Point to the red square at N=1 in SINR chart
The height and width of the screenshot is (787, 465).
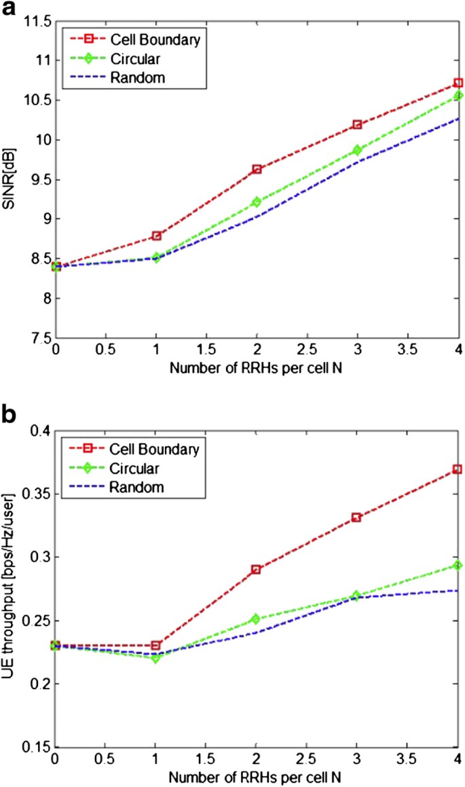156,236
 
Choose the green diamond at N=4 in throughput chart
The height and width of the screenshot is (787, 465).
458,565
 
